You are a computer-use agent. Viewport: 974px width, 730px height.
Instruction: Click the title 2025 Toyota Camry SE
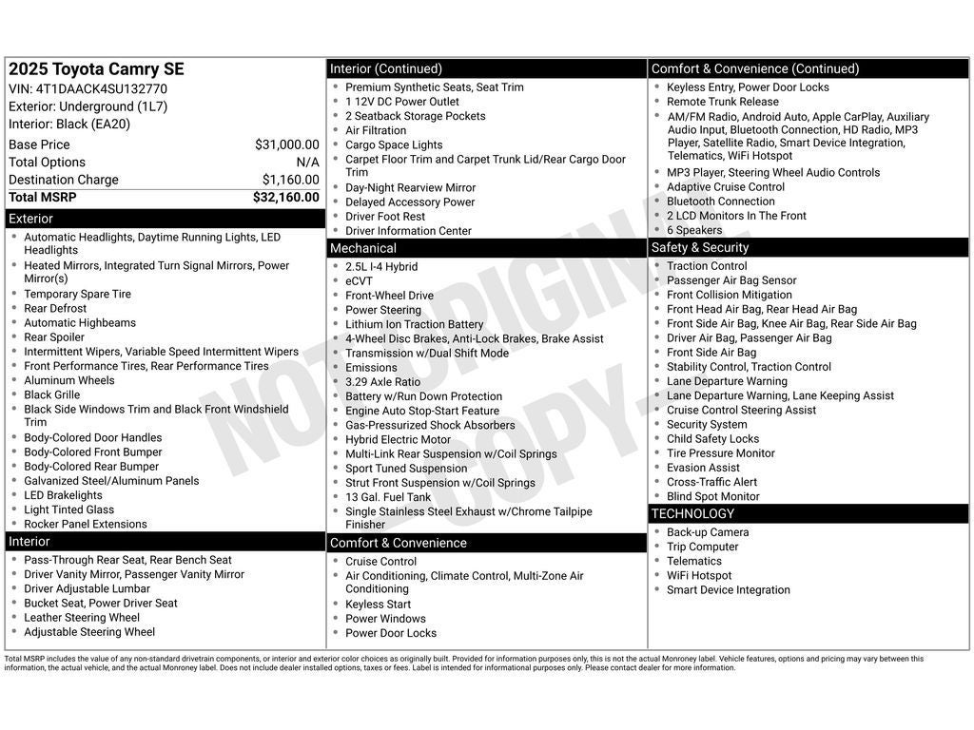[96, 69]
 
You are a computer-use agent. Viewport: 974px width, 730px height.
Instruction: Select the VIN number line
[88, 89]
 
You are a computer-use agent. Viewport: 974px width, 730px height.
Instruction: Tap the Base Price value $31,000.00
[286, 144]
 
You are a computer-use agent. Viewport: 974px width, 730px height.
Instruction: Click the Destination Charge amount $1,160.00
[290, 180]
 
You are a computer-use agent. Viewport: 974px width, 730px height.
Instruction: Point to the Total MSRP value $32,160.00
[285, 198]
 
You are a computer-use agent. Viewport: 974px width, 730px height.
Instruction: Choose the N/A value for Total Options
[307, 163]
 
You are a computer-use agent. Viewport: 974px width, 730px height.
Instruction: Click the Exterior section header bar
[165, 219]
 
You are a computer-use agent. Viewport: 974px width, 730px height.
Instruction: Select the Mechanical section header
[486, 248]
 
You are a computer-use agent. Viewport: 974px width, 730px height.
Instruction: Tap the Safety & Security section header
[808, 247]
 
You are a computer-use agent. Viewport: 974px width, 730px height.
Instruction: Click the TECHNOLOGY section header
[808, 513]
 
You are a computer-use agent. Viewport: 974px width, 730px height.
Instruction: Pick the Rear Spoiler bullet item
[54, 337]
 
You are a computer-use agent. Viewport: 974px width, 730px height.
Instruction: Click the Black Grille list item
[52, 394]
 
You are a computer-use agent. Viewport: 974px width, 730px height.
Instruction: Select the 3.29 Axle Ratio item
[382, 382]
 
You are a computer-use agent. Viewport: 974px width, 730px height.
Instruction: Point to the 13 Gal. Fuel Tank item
[388, 497]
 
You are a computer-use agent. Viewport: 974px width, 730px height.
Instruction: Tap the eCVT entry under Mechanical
[359, 281]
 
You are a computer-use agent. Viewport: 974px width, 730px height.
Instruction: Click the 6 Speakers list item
[694, 230]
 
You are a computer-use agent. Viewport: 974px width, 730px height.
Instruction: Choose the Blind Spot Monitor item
[713, 496]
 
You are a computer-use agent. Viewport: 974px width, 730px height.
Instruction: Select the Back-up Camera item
[708, 532]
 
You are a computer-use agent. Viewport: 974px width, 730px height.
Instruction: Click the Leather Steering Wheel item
[82, 618]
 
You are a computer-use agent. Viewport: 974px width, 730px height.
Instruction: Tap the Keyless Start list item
[378, 605]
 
